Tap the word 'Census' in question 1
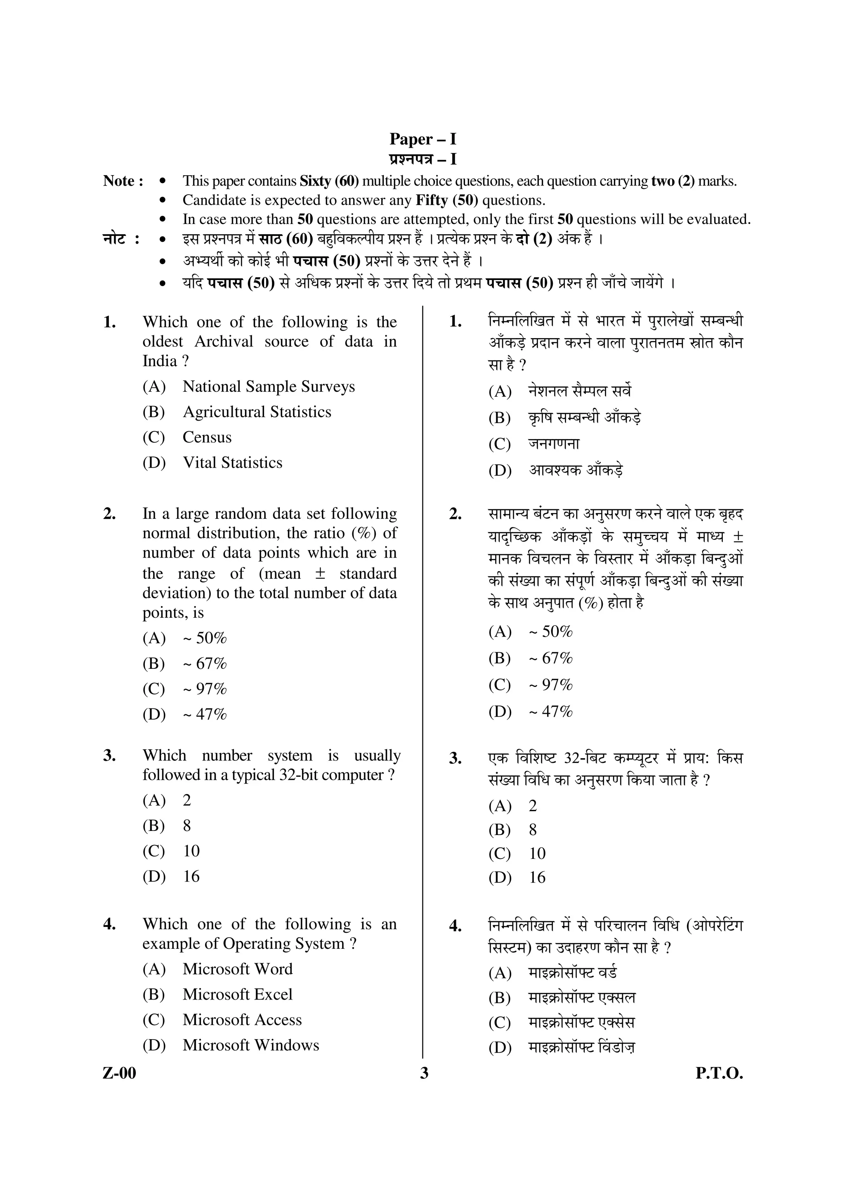[x=207, y=437]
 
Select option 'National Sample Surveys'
[x=269, y=387]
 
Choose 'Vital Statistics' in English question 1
[x=232, y=463]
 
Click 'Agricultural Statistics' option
[x=257, y=412]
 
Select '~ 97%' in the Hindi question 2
[x=550, y=685]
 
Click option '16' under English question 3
[x=191, y=877]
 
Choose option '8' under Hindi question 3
[x=533, y=830]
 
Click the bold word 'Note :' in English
[x=123, y=181]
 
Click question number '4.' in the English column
[x=109, y=924]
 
